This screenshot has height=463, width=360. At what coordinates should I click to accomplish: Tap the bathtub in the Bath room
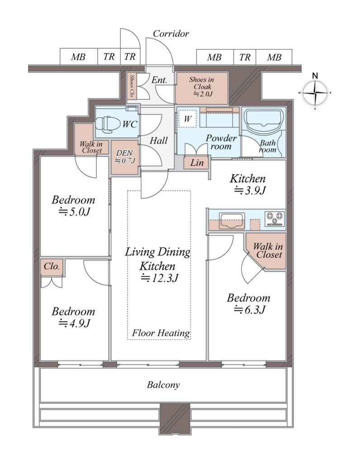[263, 121]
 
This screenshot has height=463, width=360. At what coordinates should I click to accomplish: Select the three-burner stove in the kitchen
[275, 218]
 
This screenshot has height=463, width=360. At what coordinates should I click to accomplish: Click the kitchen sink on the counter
[232, 221]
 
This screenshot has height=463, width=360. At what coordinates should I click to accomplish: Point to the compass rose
[315, 92]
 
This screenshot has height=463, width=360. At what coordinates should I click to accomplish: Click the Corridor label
[171, 34]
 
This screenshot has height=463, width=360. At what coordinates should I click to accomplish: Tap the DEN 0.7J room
[125, 157]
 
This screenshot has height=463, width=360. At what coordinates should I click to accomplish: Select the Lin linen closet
[196, 162]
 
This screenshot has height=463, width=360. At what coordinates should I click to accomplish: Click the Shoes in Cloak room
[202, 87]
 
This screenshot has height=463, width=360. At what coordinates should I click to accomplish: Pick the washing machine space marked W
[187, 119]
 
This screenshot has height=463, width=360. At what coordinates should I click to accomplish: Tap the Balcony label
[163, 385]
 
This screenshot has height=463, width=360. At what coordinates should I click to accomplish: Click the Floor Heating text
[161, 333]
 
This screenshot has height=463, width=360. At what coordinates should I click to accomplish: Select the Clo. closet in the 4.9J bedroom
[52, 267]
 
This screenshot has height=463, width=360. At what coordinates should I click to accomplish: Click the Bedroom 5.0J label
[74, 206]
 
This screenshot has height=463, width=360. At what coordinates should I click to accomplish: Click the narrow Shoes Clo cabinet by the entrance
[132, 86]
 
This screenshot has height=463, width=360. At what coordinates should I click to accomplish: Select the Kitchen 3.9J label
[248, 184]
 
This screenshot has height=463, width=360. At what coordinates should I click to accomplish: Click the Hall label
[159, 141]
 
